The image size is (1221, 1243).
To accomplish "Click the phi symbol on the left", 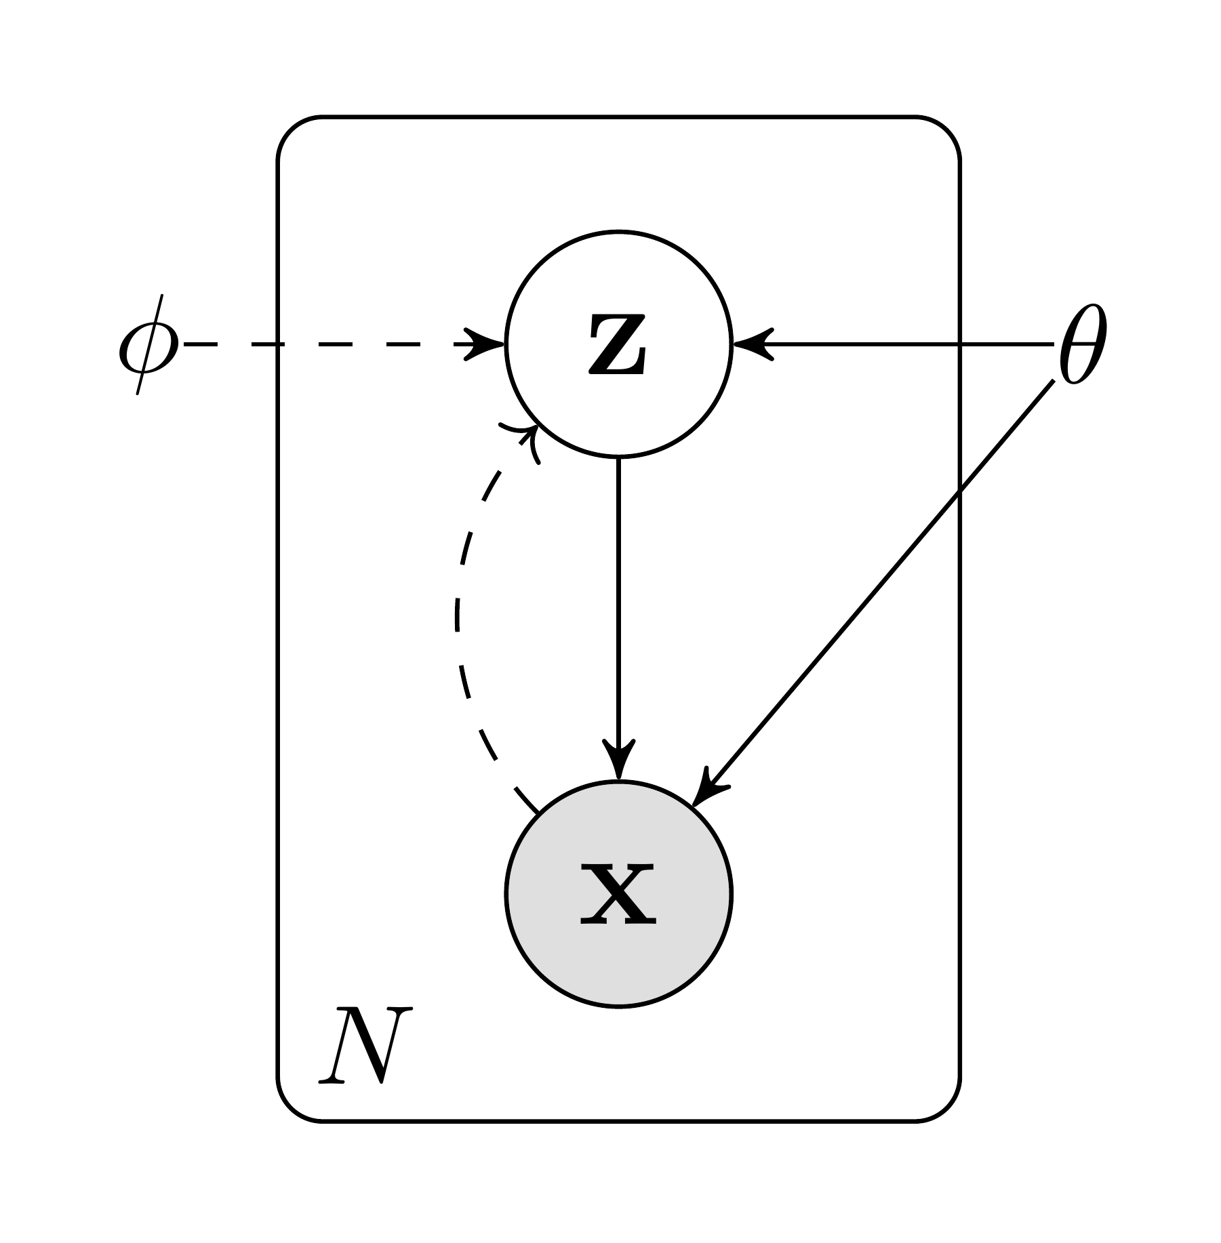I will pos(148,345).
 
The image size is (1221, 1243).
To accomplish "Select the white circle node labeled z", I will pos(618,285).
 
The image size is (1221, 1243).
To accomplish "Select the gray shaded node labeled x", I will pos(618,949).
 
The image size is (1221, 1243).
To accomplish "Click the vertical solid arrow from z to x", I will pos(618,596).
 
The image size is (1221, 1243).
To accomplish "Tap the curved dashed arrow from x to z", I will pos(459,617).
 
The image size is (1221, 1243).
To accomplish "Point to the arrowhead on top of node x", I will pos(618,762).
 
